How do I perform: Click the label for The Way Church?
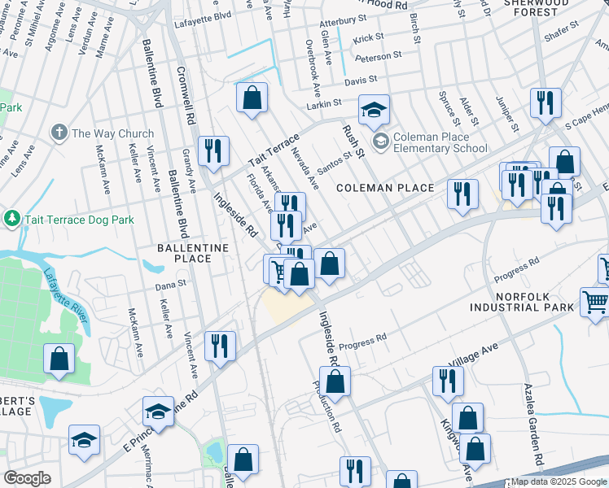tap(112, 133)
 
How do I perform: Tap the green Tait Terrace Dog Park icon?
tap(11, 218)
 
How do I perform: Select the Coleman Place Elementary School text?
tap(441, 142)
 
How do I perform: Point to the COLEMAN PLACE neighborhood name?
tap(386, 188)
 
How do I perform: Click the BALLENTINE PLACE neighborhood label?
tap(185, 252)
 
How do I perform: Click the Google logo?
tap(28, 478)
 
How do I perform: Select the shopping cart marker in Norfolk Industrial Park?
tap(595, 302)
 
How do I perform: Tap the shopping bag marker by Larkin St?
tap(252, 98)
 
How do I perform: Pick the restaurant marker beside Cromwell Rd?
tap(213, 150)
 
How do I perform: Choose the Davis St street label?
tap(361, 81)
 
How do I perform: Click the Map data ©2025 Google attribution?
tap(559, 481)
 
